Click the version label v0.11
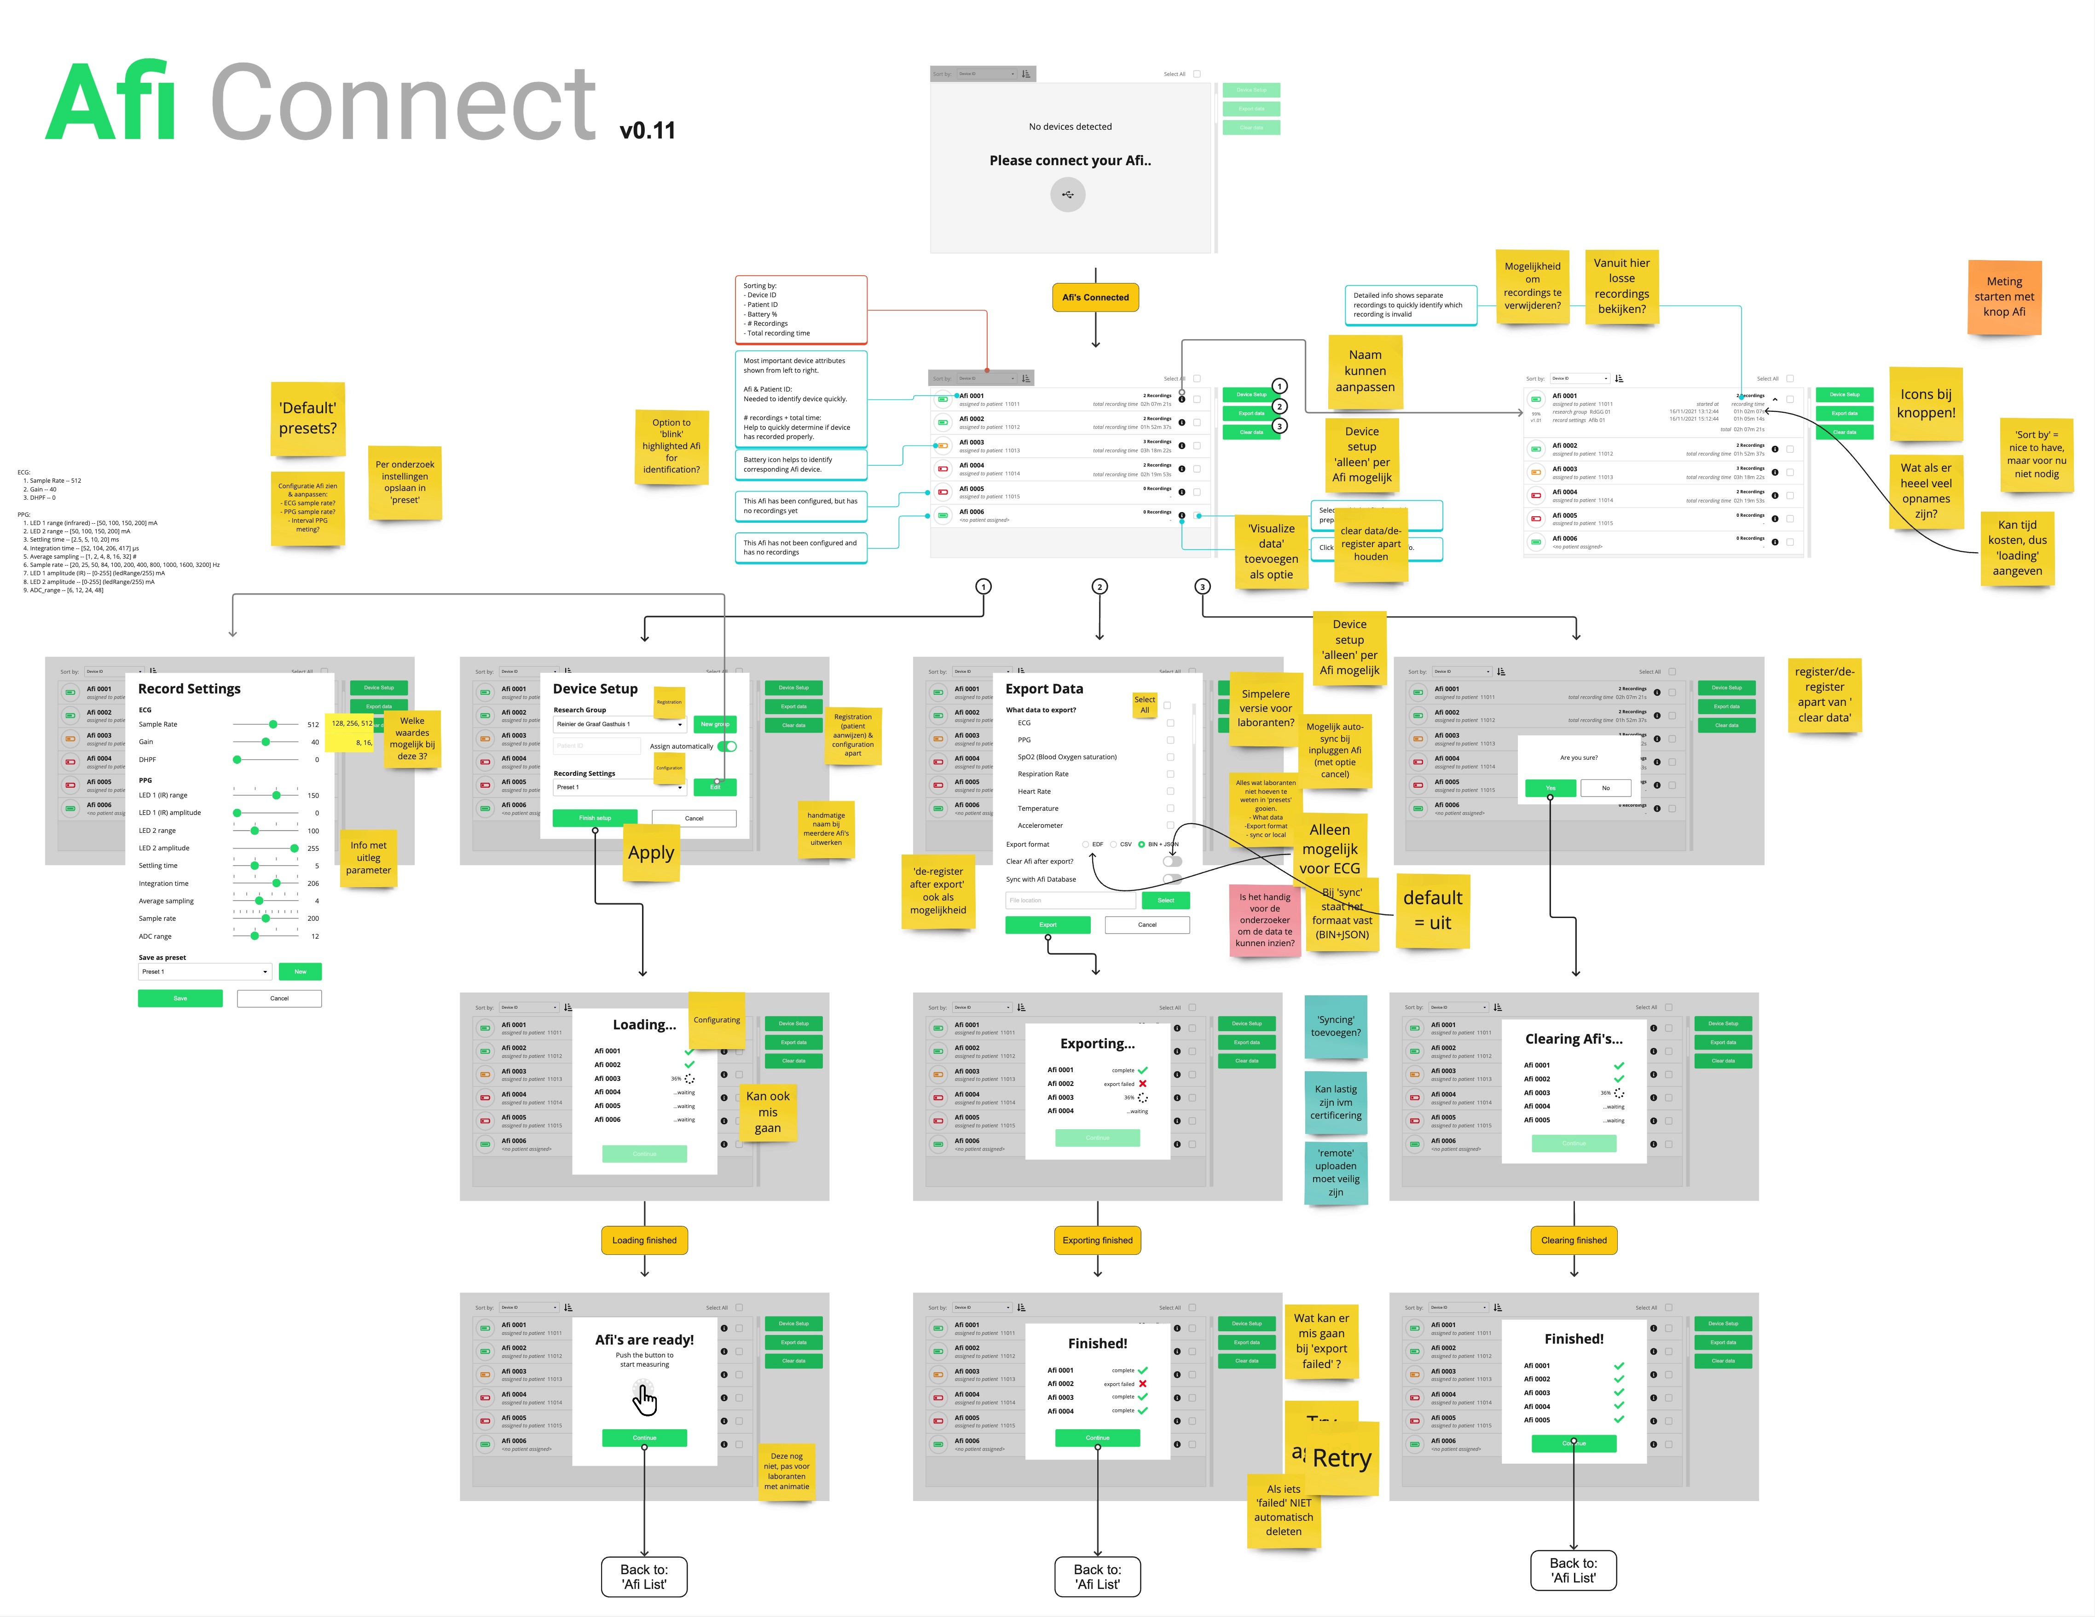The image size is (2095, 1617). pos(648,130)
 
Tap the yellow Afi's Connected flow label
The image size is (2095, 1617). pos(1095,297)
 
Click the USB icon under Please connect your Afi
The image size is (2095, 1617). pos(1068,195)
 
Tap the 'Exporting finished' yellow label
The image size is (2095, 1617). pos(1097,1240)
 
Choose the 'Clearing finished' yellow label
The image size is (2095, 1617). pos(1573,1240)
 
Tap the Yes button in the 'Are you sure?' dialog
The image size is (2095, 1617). pos(1550,787)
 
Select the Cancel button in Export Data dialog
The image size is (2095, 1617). pos(1147,924)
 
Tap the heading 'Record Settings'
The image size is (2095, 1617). pos(189,688)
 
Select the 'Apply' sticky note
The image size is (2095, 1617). pos(650,853)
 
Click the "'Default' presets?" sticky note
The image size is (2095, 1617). pos(308,418)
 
